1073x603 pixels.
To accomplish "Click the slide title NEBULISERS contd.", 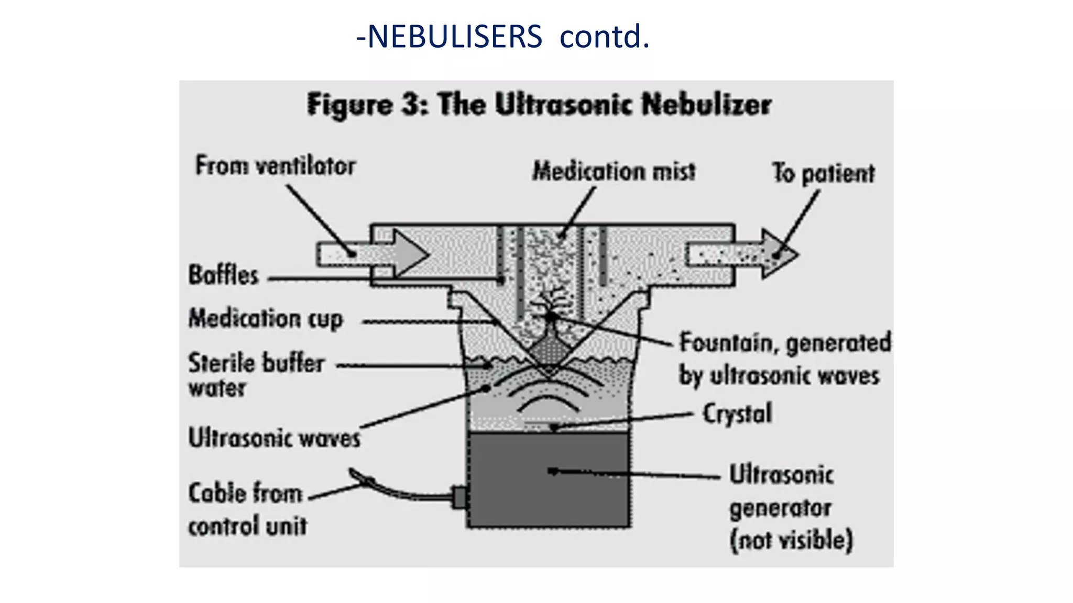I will pyautogui.click(x=503, y=37).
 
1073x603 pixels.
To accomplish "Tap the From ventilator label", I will pyautogui.click(x=276, y=166).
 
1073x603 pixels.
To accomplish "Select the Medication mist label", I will pyautogui.click(x=614, y=171).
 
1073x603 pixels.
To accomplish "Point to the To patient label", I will pyautogui.click(x=823, y=173).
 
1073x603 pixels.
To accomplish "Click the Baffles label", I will pyautogui.click(x=224, y=275).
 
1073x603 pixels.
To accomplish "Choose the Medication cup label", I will pyautogui.click(x=266, y=319).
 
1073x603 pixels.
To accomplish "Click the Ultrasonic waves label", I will pyautogui.click(x=274, y=438).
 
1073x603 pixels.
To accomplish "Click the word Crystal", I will pyautogui.click(x=737, y=414).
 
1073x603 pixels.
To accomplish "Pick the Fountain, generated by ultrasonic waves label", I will pyautogui.click(x=784, y=359).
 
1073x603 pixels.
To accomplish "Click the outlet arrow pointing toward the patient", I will pyautogui.click(x=744, y=255).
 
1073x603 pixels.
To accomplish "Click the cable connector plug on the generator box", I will pyautogui.click(x=459, y=497).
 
